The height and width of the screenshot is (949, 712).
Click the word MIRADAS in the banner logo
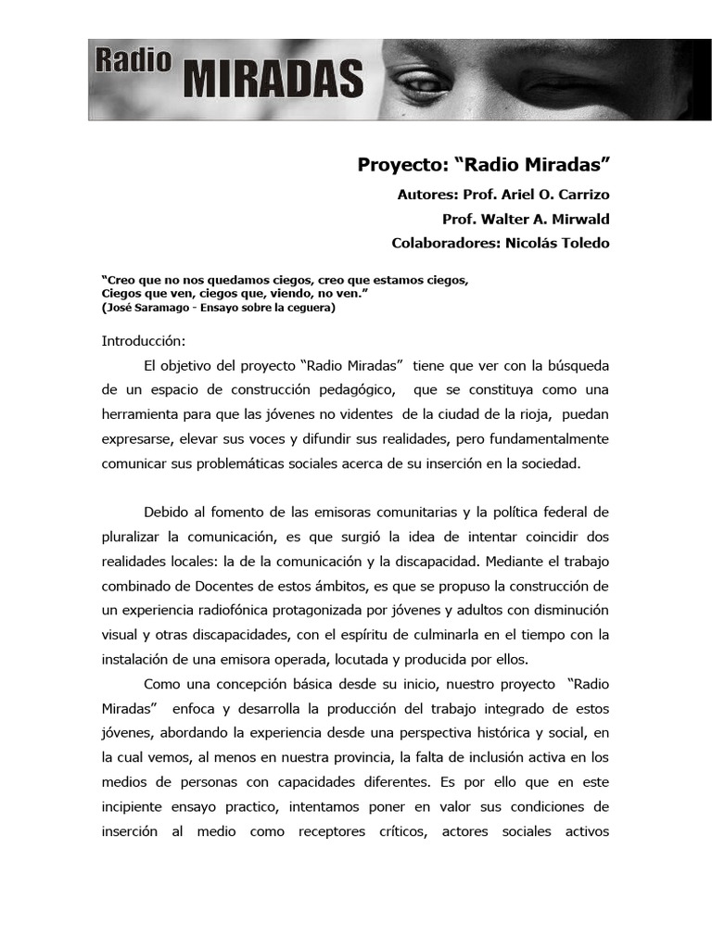272,79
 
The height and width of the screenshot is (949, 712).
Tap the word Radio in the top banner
133,61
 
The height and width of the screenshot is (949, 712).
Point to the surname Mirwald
574,220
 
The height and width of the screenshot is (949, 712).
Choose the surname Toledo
584,243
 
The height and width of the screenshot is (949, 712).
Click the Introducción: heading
144,341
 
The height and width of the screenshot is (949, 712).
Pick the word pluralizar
131,537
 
